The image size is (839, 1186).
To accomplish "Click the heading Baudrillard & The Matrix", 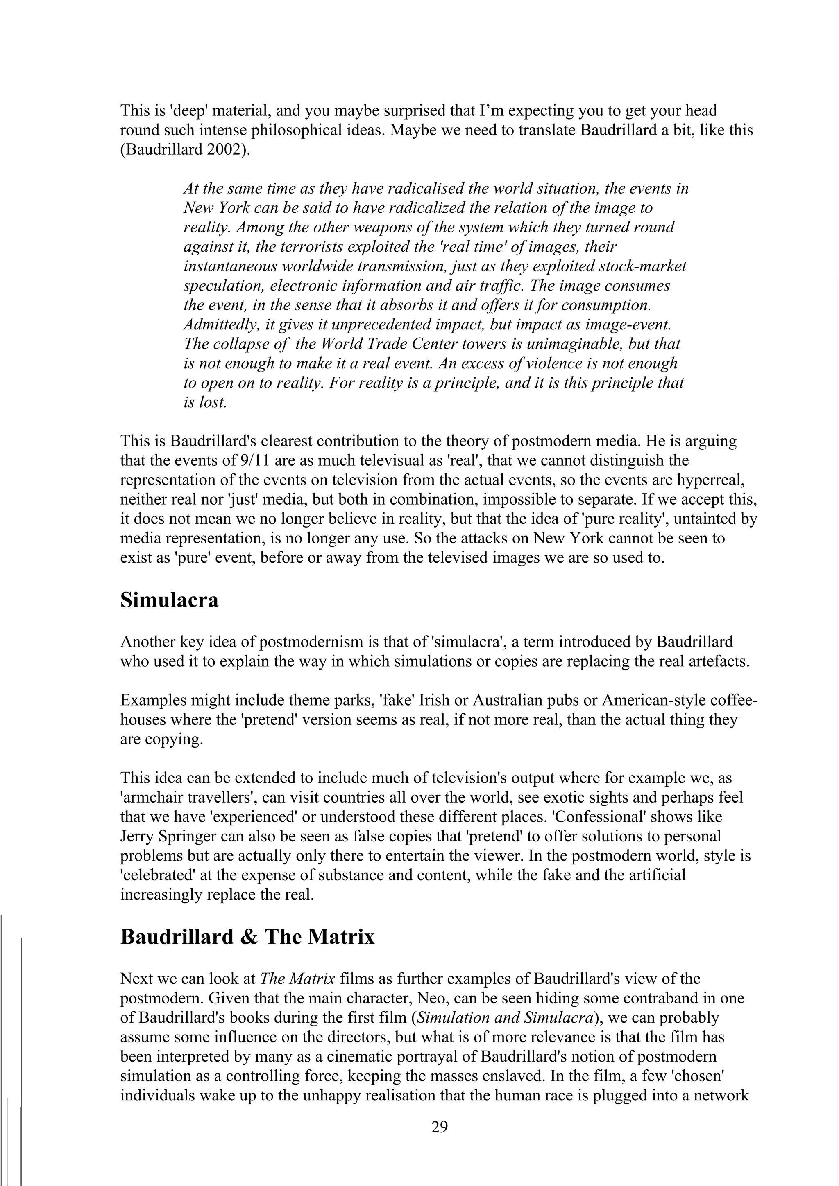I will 247,936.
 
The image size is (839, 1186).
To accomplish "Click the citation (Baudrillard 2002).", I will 184,150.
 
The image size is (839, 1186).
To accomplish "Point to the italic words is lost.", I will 205,402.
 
